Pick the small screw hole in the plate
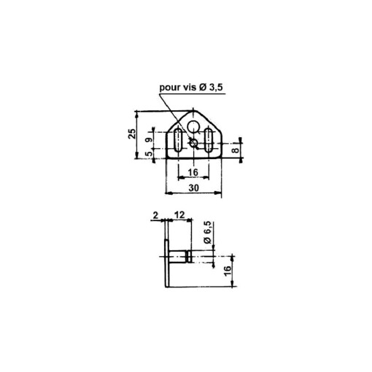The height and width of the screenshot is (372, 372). pos(192,143)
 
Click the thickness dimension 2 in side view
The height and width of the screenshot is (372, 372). pos(155,216)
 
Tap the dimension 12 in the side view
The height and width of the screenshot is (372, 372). pos(178,216)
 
